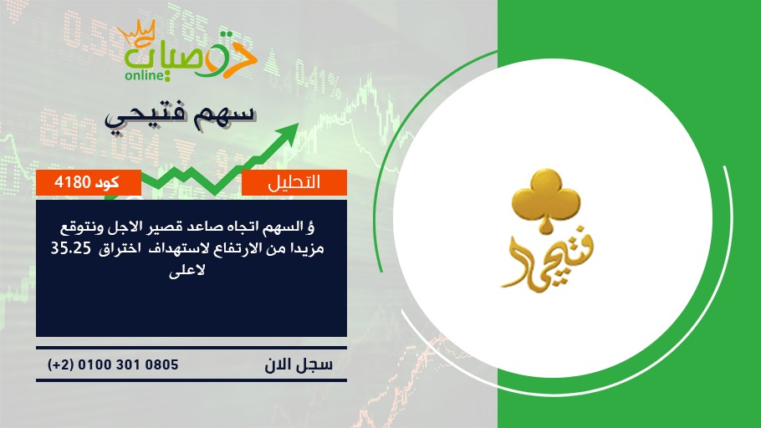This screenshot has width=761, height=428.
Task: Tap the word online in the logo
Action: pos(144,75)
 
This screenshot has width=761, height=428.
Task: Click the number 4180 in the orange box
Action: pos(73,182)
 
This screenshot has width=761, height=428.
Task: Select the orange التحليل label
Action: pos(294,182)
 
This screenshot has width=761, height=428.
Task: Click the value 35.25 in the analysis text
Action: pos(71,248)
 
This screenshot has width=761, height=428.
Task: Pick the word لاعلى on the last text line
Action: pos(186,270)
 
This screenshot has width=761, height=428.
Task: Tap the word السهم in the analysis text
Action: pos(282,227)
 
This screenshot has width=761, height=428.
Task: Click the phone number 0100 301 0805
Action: pos(128,364)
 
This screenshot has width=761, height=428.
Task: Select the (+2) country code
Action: pos(61,364)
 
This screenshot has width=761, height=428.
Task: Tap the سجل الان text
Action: pos(299,364)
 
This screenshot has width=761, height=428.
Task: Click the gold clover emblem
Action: pos(546,199)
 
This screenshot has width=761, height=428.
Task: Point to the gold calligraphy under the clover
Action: pos(546,263)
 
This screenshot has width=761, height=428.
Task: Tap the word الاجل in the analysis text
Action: pos(137,227)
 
